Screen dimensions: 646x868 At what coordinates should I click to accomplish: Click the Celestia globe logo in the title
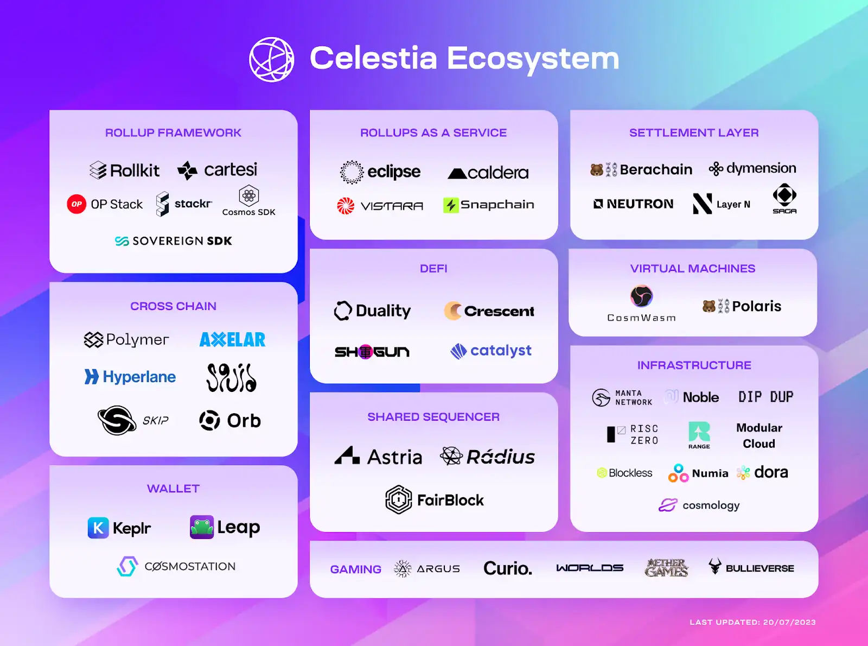pos(271,59)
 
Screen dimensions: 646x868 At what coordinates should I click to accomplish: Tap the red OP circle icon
pos(76,204)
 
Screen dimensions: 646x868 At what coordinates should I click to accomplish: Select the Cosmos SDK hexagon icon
pos(249,195)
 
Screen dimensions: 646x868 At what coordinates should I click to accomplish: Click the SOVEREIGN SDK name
pos(182,241)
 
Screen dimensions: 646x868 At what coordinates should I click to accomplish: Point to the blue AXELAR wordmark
pos(232,340)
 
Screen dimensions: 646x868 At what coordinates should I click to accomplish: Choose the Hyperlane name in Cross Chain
pos(139,377)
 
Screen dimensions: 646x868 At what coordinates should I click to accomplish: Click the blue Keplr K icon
pos(98,528)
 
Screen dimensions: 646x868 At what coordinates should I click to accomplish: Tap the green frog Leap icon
pos(202,527)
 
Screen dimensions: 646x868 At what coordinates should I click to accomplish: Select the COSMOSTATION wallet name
pos(190,566)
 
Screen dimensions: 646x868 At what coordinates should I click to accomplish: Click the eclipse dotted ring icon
pos(352,172)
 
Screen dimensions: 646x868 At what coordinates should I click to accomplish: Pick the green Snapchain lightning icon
pos(451,205)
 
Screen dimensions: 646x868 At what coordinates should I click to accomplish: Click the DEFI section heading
pos(433,269)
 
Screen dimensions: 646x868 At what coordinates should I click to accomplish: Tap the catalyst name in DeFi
pos(501,351)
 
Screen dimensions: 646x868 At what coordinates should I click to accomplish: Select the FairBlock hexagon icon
pos(399,499)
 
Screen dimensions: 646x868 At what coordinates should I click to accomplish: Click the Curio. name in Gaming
pos(508,568)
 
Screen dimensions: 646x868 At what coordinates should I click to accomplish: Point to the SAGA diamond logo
pos(784,195)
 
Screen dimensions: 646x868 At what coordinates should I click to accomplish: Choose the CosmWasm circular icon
pos(641,296)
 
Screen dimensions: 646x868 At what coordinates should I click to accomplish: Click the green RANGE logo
pos(699,432)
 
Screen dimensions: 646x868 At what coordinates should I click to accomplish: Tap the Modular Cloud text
pos(759,436)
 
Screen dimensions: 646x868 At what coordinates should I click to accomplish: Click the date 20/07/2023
pos(789,622)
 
